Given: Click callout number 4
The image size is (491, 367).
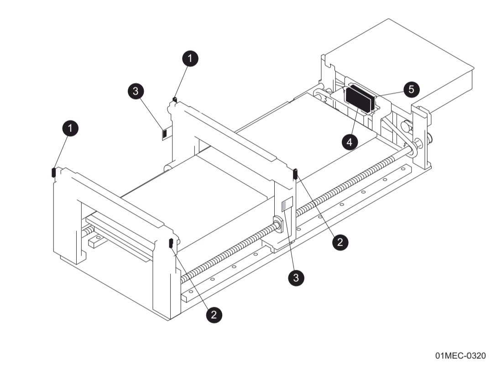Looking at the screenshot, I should (x=349, y=142).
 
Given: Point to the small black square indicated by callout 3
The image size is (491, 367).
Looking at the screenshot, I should (x=165, y=134).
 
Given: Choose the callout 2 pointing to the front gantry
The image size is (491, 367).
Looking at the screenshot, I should (x=214, y=314).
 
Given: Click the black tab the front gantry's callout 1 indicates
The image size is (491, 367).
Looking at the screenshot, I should (x=54, y=172).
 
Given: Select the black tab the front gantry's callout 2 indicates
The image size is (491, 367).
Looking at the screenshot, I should (x=171, y=243).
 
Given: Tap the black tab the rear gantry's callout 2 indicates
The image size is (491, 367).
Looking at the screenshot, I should (x=295, y=173).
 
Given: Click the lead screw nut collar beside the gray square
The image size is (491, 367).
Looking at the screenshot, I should (x=277, y=224).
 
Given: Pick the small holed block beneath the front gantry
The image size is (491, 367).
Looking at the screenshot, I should (x=97, y=241).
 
